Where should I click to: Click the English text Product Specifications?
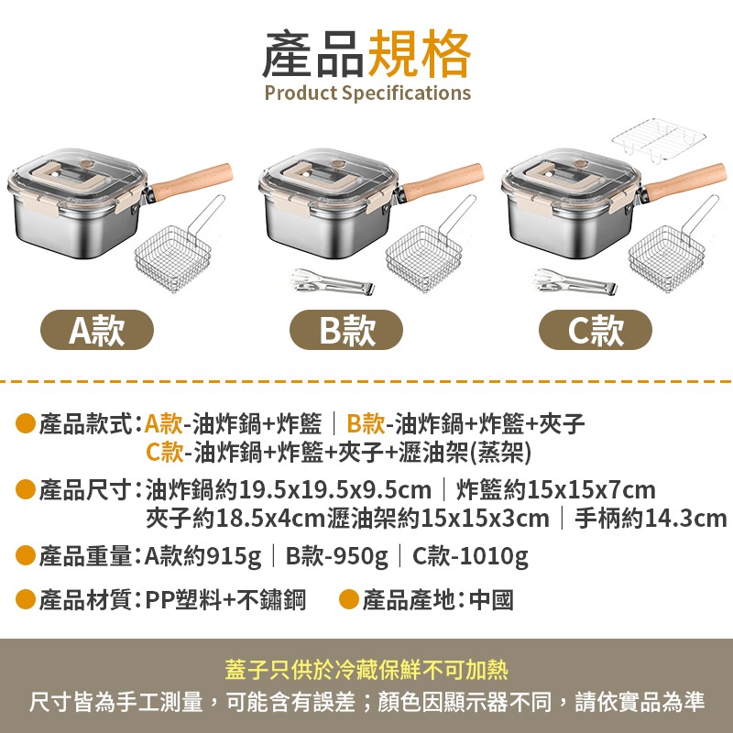point(366,93)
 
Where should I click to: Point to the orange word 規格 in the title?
point(419,53)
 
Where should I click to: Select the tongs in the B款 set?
point(332,282)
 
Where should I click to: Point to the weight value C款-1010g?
point(470,556)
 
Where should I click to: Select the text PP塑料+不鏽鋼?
point(225,600)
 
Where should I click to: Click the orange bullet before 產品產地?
point(348,600)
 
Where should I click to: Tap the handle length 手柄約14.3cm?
point(650,519)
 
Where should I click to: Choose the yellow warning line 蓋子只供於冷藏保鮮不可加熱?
point(366,670)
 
